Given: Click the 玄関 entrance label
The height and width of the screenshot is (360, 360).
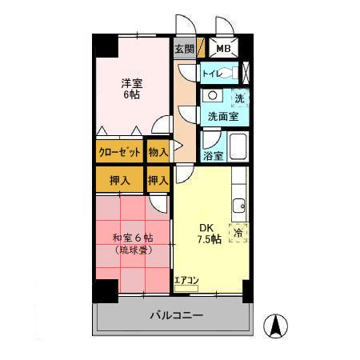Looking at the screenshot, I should click(x=183, y=49).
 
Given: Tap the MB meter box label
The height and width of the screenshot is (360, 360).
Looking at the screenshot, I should click(x=223, y=49).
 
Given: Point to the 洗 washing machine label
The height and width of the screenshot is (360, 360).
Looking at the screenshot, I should click(x=239, y=98).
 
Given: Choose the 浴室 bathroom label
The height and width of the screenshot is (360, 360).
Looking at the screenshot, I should click(x=212, y=156).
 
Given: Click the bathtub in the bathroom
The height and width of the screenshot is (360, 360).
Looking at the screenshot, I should click(x=237, y=147).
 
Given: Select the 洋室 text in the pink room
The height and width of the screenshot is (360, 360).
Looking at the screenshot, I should click(x=131, y=82).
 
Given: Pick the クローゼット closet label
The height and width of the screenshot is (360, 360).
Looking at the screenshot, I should click(x=120, y=151).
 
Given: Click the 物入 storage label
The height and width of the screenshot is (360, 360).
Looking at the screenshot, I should click(x=158, y=151).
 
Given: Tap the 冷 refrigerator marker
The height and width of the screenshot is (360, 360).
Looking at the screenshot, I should click(x=238, y=232).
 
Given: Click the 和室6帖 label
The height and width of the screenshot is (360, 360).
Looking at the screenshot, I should click(x=133, y=238).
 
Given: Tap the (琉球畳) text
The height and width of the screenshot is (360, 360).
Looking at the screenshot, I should click(x=133, y=250).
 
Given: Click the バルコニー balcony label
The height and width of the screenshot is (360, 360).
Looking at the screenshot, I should click(x=176, y=315).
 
